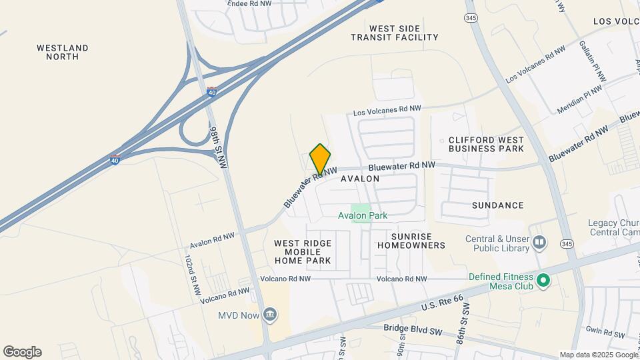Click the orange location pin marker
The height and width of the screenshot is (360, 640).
pos(320,159)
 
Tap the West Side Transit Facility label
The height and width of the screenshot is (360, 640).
pos(395,33)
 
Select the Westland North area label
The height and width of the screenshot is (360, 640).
pos(63,52)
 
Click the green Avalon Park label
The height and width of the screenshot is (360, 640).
pos(363,215)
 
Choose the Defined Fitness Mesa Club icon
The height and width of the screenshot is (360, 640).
pos(543,281)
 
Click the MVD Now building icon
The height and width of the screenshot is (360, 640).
pos(270,314)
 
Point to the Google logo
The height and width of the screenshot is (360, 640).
pos(22,352)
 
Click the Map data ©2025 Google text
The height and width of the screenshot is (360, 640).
pos(599,355)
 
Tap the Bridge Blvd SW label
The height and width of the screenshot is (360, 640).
pos(413,328)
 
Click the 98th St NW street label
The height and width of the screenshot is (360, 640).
pos(218,146)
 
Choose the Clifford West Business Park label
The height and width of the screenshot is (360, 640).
pos(486,144)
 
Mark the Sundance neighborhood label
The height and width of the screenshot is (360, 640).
pos(497,205)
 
